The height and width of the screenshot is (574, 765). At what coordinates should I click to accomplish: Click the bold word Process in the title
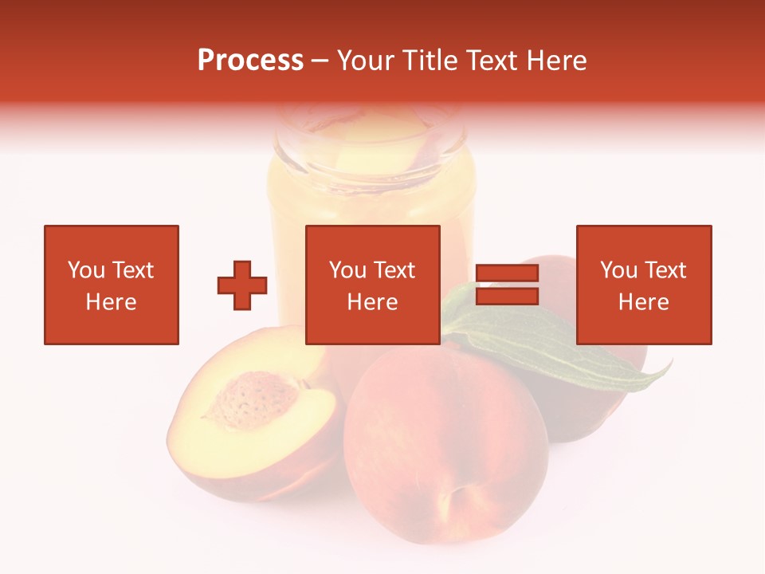point(250,61)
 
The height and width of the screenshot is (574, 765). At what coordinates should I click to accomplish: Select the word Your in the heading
point(367,61)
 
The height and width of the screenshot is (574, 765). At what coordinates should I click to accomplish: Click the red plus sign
point(242,285)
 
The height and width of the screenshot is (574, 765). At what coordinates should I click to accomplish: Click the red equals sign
point(507,285)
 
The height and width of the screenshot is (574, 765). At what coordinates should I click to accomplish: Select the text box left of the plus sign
point(111,285)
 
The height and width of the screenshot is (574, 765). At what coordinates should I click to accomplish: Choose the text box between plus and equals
point(372,285)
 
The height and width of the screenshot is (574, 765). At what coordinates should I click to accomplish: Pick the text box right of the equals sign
point(643,285)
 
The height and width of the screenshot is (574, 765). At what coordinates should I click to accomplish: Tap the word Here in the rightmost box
point(643,302)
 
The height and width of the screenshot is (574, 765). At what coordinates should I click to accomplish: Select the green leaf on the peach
point(550,347)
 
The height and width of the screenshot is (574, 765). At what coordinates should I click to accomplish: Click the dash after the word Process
point(320,61)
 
